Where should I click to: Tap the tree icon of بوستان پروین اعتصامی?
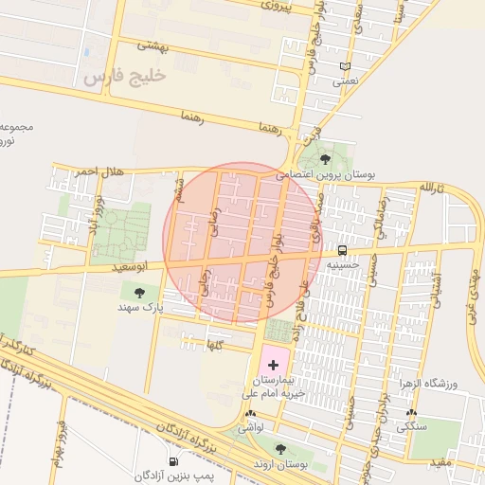(x=326, y=159)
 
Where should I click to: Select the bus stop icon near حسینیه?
(x=341, y=251)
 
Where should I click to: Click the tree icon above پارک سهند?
(x=140, y=293)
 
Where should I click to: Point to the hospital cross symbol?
(x=274, y=365)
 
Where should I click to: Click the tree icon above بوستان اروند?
(x=279, y=448)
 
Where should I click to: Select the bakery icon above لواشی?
(x=250, y=414)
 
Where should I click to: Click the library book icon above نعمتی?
(x=345, y=66)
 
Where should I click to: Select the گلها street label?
(x=217, y=347)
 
